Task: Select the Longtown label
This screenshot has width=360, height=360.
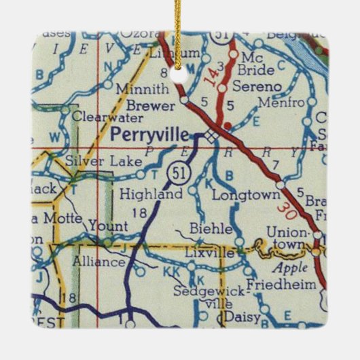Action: [x=236, y=195]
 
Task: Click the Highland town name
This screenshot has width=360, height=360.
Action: [x=150, y=194]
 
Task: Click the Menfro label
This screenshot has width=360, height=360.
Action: [x=276, y=103]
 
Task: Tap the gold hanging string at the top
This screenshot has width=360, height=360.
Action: [x=178, y=27]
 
